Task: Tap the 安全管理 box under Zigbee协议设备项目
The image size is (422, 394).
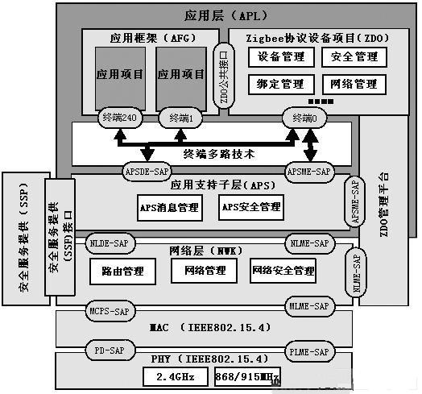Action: click(x=354, y=58)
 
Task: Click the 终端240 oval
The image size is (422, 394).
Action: click(x=120, y=118)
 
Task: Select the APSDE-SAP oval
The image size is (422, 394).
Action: click(x=145, y=170)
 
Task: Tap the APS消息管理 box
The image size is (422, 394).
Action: click(x=169, y=207)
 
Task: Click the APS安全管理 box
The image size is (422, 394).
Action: click(x=250, y=207)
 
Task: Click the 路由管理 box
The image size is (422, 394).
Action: click(x=122, y=271)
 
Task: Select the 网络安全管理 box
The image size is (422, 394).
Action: click(x=283, y=271)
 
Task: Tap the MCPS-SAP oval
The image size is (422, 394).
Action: click(x=107, y=310)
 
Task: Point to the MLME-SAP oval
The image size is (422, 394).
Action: click(x=309, y=306)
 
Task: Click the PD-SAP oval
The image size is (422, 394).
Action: click(x=107, y=351)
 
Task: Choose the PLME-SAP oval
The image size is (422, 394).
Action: click(x=309, y=351)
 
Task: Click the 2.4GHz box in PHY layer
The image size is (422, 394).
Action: click(x=173, y=375)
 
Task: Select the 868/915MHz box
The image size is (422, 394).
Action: click(x=247, y=376)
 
